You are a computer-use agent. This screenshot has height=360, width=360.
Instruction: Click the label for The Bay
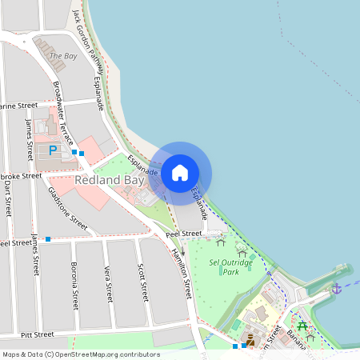click(x=63, y=56)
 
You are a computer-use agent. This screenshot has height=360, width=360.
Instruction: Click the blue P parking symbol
click(x=54, y=150)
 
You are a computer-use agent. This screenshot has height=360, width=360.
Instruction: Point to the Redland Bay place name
click(x=109, y=181)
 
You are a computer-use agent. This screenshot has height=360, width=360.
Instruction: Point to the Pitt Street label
click(x=38, y=334)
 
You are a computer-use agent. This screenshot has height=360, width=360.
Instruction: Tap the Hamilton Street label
click(x=182, y=271)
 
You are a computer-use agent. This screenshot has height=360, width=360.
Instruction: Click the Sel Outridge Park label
click(x=230, y=266)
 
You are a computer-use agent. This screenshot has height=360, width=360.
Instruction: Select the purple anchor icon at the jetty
click(x=337, y=288)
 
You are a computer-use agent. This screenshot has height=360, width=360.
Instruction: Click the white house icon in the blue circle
click(x=180, y=172)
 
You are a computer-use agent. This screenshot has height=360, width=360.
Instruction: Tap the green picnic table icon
click(x=302, y=326)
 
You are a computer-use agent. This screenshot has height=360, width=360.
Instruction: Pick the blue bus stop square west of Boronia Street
click(x=48, y=239)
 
